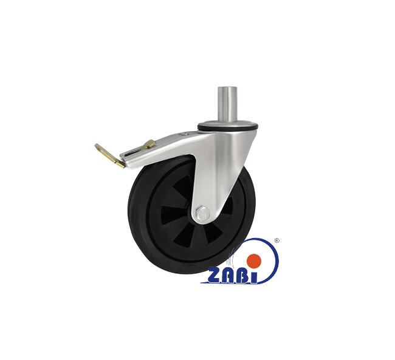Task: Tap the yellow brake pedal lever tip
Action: click(97, 146)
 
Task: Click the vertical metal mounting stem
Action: click(227, 104)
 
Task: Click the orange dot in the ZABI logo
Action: click(253, 260)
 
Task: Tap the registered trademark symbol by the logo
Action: click(276, 240)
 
